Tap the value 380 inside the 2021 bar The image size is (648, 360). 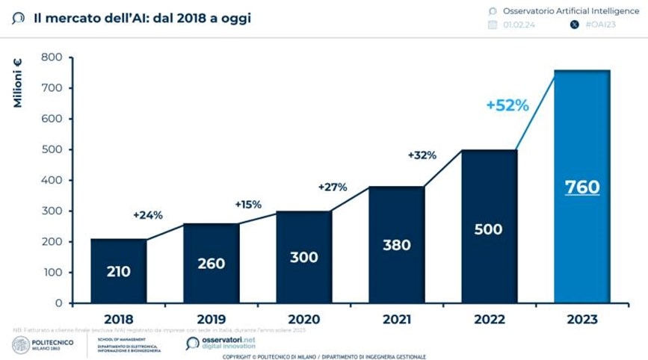(396, 245)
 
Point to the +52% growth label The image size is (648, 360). (507, 105)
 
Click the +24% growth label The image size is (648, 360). (147, 215)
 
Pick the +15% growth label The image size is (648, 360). (249, 204)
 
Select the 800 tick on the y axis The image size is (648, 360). (51, 58)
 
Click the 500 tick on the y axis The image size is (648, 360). (51, 149)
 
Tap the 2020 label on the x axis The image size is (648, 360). (303, 320)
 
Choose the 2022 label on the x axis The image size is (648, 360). (489, 320)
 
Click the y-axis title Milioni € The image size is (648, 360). (17, 83)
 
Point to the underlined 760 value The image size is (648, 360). (581, 187)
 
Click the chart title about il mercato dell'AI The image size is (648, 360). (142, 17)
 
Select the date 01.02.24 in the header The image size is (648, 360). (516, 25)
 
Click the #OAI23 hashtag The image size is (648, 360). (601, 25)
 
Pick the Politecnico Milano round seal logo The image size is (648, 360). (21, 344)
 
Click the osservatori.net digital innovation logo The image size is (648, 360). (220, 343)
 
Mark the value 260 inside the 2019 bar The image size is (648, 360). (211, 263)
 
